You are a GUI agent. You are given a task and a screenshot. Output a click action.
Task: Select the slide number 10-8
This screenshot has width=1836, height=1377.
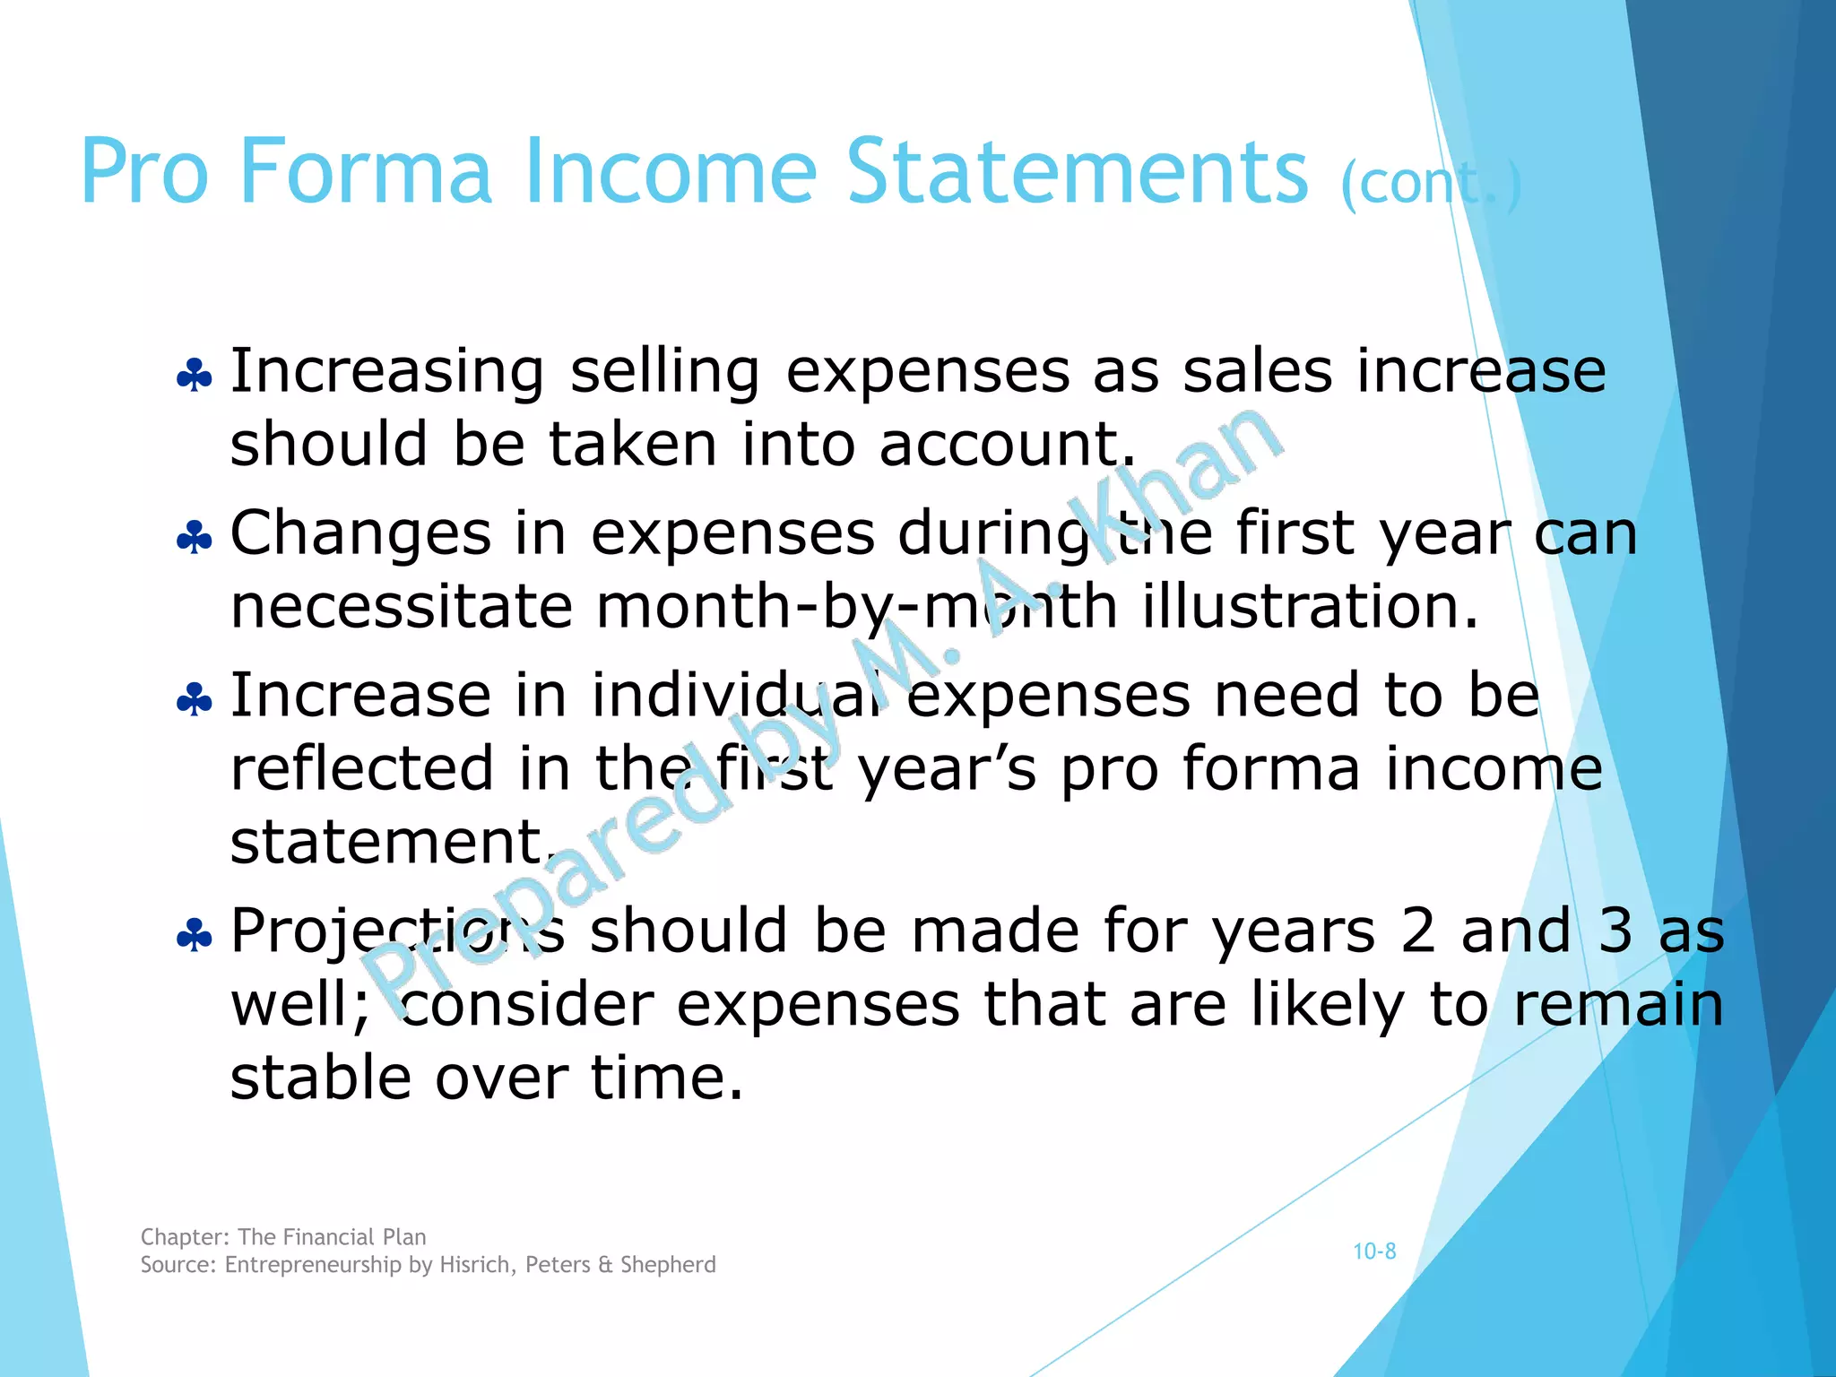(1374, 1251)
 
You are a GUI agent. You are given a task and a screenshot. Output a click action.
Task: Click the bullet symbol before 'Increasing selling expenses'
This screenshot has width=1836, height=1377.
(195, 375)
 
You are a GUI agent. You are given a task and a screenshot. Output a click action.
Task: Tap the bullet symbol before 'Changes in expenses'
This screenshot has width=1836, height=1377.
(195, 537)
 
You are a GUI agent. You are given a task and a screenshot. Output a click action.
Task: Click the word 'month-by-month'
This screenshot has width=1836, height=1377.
(856, 608)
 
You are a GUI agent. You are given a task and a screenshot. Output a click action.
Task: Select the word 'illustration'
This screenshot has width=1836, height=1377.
(1309, 607)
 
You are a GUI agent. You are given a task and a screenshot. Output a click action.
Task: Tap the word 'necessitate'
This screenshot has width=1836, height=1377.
(401, 607)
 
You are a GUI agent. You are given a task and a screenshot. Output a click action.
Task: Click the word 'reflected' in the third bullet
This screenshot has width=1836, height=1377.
(361, 769)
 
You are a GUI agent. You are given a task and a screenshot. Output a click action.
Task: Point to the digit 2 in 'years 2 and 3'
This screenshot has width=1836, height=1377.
(1417, 931)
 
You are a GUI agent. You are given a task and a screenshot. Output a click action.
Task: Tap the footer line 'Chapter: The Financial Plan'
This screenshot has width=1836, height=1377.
(283, 1237)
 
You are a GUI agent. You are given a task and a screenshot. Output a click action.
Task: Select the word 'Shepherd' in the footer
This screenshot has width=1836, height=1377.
(668, 1265)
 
